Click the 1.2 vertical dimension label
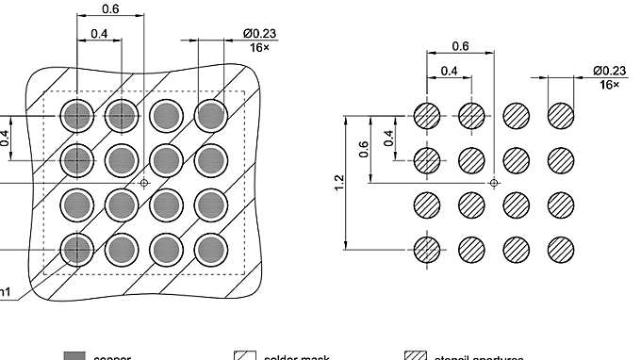click(x=339, y=182)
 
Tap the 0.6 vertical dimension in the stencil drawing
click(x=364, y=149)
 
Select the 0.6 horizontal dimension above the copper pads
click(x=110, y=8)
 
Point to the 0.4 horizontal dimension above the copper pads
click(x=98, y=34)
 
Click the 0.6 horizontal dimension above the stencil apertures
click(x=461, y=46)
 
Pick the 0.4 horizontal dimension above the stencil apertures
click(x=449, y=71)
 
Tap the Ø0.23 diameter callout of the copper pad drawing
click(x=257, y=35)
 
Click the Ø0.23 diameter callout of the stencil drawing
click(x=609, y=71)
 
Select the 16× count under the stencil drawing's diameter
click(x=609, y=85)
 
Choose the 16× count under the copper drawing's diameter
click(x=257, y=48)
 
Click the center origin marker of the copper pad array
click(x=144, y=182)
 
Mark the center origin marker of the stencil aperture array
click(x=495, y=182)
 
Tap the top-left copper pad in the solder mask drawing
click(x=76, y=116)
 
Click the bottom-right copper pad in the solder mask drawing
click(x=211, y=249)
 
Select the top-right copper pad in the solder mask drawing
click(x=211, y=116)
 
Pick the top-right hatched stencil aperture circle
click(x=562, y=116)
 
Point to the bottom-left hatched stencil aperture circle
click(x=427, y=249)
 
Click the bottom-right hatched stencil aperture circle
click(x=562, y=249)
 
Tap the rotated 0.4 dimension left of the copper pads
click(x=6, y=139)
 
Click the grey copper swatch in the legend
click(x=75, y=356)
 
